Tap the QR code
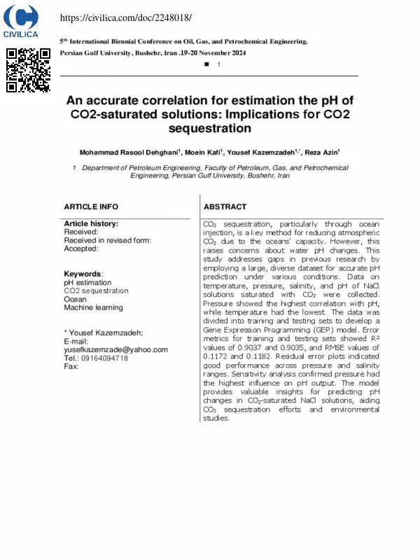pos(28,70)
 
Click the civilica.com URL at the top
pos(126,17)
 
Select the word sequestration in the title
pos(209,128)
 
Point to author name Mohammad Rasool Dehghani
pos(129,152)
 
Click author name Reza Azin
pos(323,152)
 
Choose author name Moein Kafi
pos(204,152)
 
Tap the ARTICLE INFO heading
pos(91,207)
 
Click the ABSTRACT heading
pos(225,207)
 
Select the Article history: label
pos(91,224)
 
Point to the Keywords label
pos(83,274)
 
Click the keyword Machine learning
pos(93,307)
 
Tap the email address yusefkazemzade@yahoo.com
pos(115,349)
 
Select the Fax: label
pos(71,366)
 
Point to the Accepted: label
pos(81,248)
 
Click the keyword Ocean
pos(76,299)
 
